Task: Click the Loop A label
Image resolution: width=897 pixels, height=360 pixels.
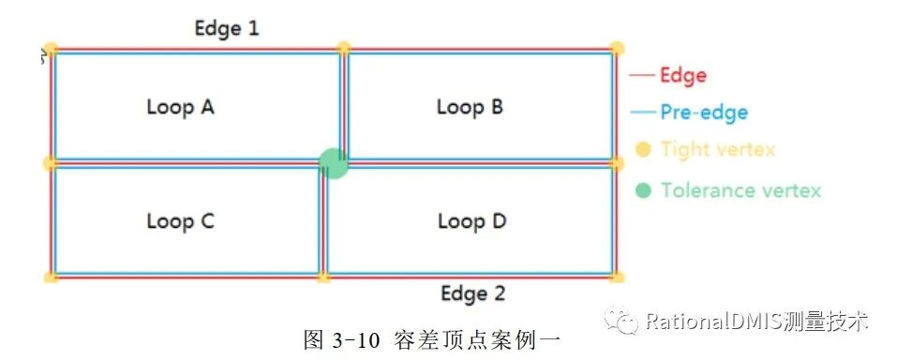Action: (x=180, y=107)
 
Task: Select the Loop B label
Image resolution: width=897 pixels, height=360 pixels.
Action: (x=470, y=107)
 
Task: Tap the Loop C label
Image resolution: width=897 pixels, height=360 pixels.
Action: (x=180, y=221)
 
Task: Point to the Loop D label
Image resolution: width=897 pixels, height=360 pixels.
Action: (x=471, y=221)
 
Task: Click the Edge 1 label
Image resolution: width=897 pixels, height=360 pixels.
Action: (x=226, y=28)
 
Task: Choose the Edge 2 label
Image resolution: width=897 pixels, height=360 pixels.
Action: (x=472, y=293)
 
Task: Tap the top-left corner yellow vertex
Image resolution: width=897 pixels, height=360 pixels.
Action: (x=52, y=49)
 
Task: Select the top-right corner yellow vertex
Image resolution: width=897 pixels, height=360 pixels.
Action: (x=617, y=49)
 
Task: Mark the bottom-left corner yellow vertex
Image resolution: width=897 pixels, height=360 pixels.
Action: (x=52, y=277)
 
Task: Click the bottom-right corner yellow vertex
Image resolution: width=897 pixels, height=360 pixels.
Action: (x=617, y=277)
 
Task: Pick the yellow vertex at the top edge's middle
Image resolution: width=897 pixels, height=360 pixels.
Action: (x=344, y=48)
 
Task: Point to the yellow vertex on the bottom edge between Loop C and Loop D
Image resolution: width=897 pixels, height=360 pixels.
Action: (x=323, y=277)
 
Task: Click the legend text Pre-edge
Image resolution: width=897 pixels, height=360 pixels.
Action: (x=703, y=112)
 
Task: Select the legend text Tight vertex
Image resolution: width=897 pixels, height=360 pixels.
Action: (x=717, y=149)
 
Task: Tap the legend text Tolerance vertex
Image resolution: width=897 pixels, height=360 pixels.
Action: (x=740, y=190)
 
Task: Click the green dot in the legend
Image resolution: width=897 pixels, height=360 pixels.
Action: (x=643, y=190)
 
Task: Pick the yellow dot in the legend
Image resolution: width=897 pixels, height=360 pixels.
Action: (x=643, y=149)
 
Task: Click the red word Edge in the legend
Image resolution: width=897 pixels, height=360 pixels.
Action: (x=682, y=75)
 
